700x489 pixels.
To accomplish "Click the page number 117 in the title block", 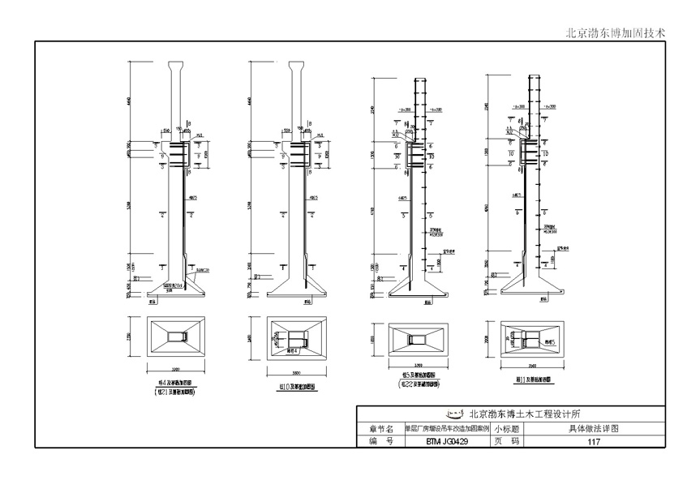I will [x=594, y=442].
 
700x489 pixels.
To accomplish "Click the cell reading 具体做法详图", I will [x=594, y=428].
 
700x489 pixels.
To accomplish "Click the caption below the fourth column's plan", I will [x=527, y=379].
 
